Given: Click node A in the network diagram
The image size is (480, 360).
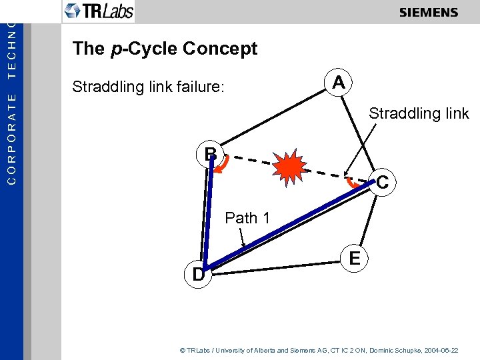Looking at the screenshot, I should (339, 83).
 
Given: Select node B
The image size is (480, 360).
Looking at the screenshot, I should (211, 154).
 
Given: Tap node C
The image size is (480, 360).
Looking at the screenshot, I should (382, 181).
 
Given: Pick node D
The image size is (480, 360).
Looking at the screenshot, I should (198, 274).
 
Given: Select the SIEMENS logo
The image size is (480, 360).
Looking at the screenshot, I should (428, 13).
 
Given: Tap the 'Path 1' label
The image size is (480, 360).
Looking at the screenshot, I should (247, 218).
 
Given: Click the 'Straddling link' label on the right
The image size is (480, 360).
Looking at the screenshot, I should (419, 113).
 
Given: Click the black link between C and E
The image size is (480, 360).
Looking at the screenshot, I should (369, 217).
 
